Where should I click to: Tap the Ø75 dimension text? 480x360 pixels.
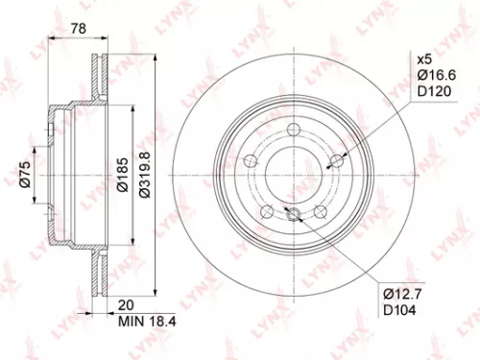pos(27,175)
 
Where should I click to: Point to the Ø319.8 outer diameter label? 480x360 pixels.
pos(143,175)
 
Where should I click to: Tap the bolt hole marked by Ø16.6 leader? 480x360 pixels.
pos(336,162)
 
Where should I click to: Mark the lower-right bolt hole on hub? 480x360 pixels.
pos(321,209)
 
